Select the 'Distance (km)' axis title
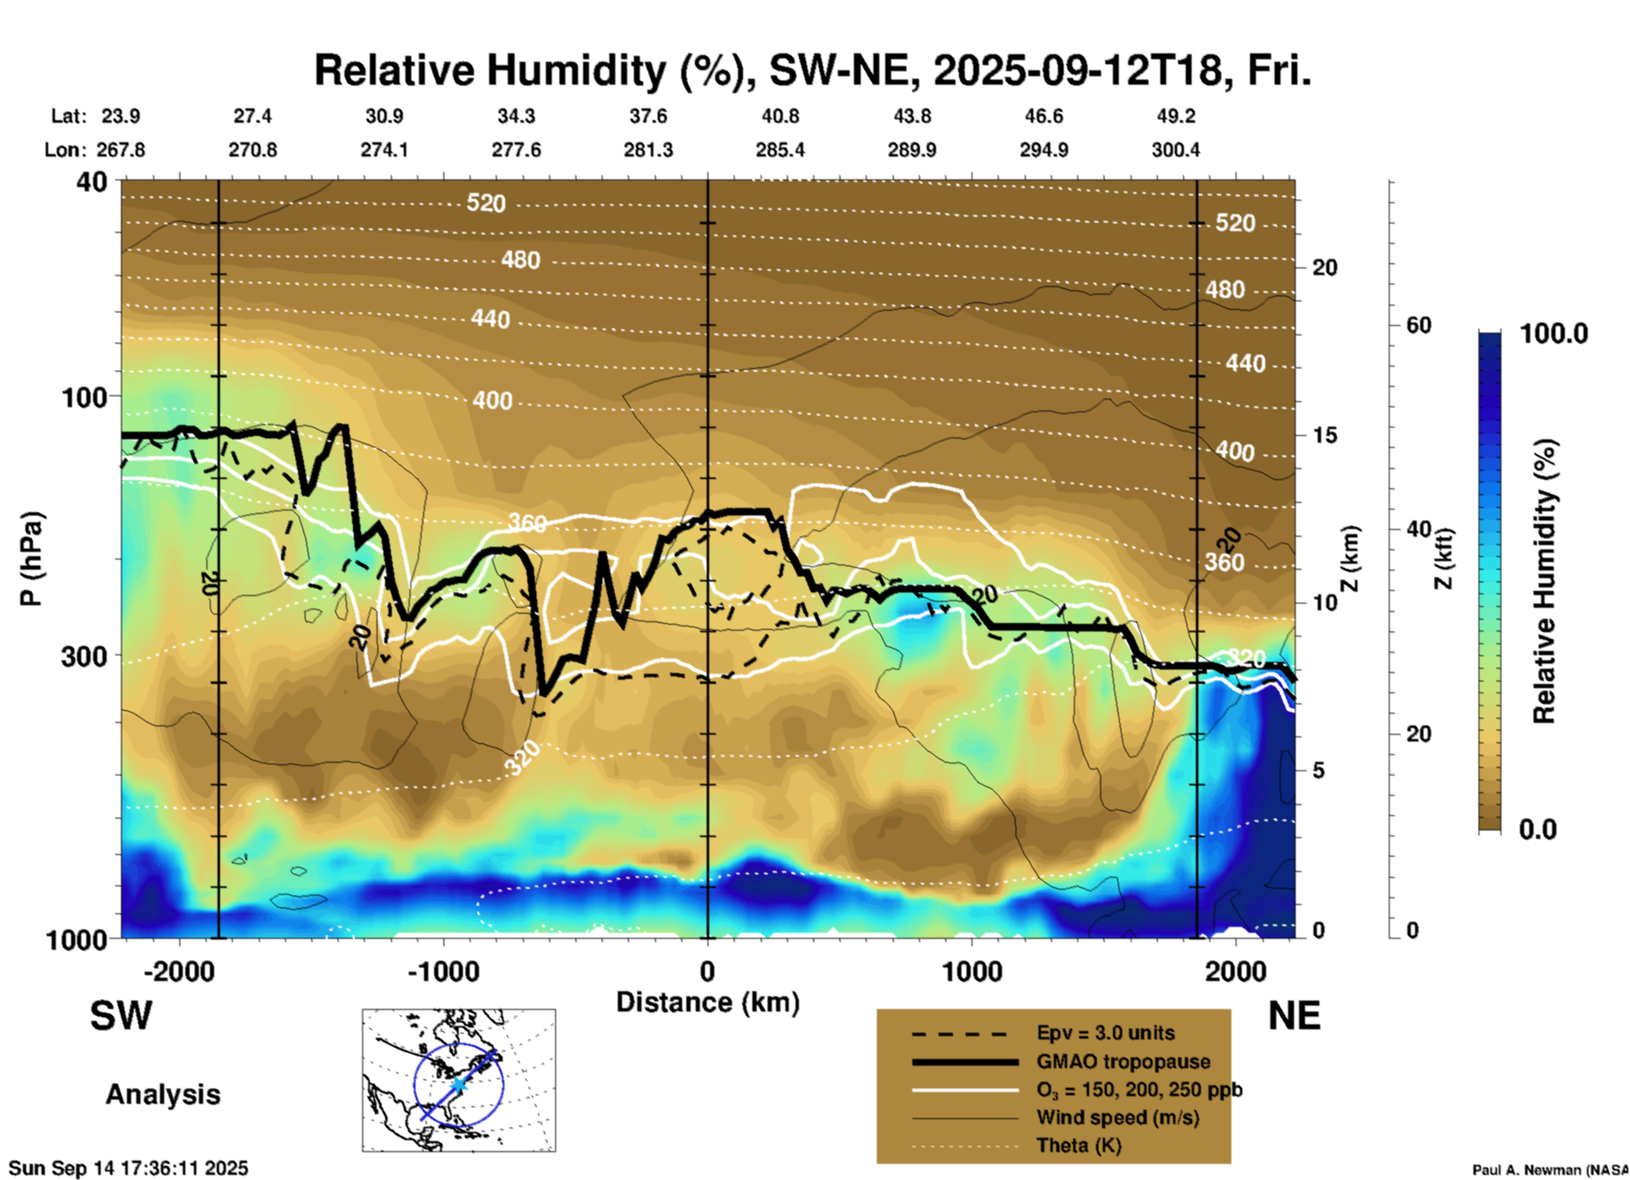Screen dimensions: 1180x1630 pyautogui.click(x=708, y=1002)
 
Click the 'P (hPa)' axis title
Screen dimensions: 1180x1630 pyautogui.click(x=31, y=559)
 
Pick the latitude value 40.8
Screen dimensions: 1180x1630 pyautogui.click(x=779, y=116)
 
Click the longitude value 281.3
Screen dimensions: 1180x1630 pyautogui.click(x=648, y=150)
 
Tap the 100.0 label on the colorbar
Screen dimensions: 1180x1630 pyautogui.click(x=1554, y=334)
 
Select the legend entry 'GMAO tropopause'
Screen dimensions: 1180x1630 pyautogui.click(x=1123, y=1061)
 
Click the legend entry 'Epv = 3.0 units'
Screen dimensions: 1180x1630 pyautogui.click(x=1105, y=1034)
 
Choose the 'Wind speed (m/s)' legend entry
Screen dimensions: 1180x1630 pyautogui.click(x=1117, y=1117)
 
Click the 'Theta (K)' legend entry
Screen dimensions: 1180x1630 pyautogui.click(x=1078, y=1145)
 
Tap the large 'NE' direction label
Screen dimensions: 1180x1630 pyautogui.click(x=1294, y=1016)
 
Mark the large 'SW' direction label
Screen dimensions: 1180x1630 pyautogui.click(x=121, y=1016)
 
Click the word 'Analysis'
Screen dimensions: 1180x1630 pyautogui.click(x=162, y=1095)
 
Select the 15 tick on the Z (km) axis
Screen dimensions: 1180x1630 pyautogui.click(x=1324, y=435)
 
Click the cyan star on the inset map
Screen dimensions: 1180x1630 pyautogui.click(x=458, y=1084)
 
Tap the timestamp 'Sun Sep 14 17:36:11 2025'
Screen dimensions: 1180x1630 pyautogui.click(x=129, y=1168)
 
